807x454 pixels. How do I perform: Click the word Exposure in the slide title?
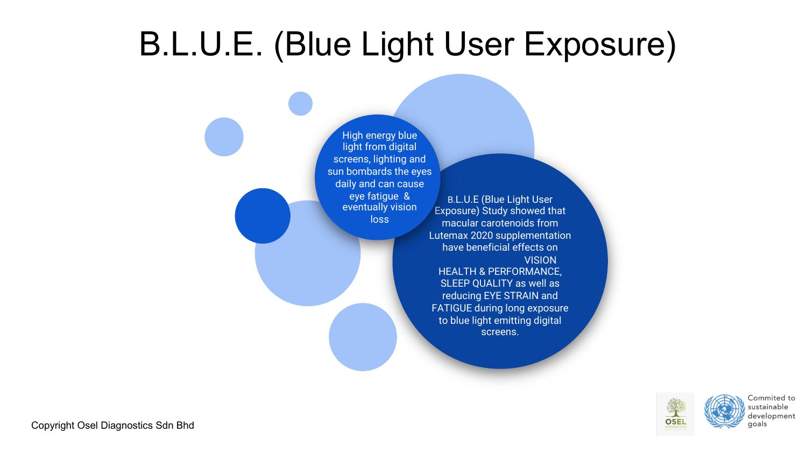tap(599, 45)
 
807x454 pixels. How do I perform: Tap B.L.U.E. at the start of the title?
tap(201, 44)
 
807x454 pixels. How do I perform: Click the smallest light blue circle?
tap(300, 104)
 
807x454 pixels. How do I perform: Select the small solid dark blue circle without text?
tap(263, 216)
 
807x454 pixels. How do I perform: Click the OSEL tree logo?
tap(676, 414)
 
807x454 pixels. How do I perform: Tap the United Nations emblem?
tap(725, 411)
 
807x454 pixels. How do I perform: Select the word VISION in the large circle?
tap(540, 260)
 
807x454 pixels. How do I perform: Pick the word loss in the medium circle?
tap(380, 219)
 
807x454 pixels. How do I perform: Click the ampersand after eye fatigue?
tap(407, 196)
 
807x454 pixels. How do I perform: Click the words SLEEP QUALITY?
tap(477, 283)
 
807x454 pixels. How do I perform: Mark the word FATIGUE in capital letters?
tap(452, 308)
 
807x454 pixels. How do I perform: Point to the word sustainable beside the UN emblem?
tap(768, 407)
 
